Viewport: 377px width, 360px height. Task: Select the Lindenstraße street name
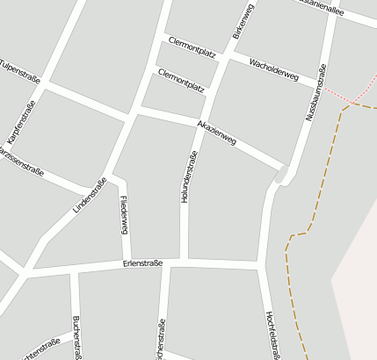(90, 197)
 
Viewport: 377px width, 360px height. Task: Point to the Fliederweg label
(124, 216)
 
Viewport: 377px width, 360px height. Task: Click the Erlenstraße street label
(143, 263)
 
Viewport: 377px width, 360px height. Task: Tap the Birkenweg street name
(243, 21)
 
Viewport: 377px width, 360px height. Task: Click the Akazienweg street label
(217, 132)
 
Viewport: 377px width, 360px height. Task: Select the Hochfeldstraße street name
(271, 334)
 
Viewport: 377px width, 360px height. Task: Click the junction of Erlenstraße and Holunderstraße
(184, 261)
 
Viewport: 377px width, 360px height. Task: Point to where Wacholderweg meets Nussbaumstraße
(321, 85)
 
